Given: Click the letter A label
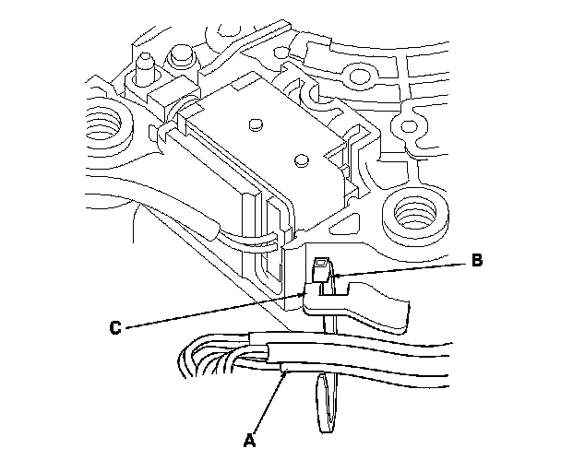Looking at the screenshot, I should click(247, 441).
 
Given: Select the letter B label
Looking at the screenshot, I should click(476, 261).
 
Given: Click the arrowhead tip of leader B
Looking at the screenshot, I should click(334, 275).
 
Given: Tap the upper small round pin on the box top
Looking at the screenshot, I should click(256, 121).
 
